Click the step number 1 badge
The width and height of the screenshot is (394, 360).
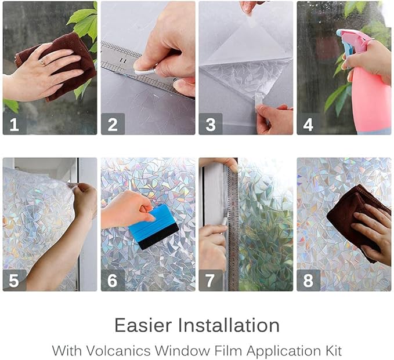pos(14,124)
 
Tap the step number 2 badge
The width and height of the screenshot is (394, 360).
pos(113,124)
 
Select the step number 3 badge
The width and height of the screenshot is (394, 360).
pos(211,124)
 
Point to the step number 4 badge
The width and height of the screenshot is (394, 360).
pos(309,124)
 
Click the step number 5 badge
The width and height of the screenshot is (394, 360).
pos(14,281)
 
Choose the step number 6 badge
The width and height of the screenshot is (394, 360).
pos(113,281)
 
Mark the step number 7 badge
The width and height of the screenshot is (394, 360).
pos(211,281)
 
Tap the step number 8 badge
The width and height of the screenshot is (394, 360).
pos(309,281)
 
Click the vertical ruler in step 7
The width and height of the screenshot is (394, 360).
pos(233,232)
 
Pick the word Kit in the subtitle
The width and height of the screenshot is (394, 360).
pos(334,350)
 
